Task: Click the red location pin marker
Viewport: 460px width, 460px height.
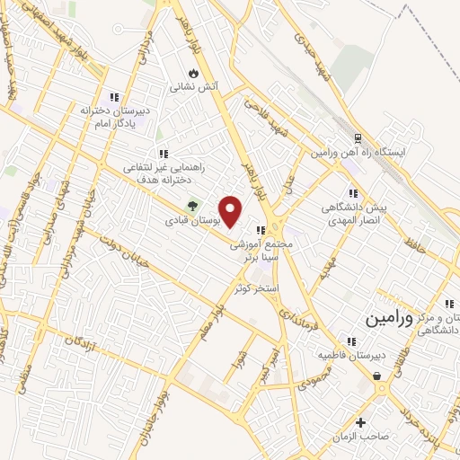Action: (x=232, y=212)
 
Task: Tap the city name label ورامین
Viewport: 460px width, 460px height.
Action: (x=391, y=318)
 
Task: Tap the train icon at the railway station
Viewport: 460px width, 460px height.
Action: (x=358, y=139)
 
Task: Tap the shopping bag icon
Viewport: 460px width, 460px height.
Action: (x=376, y=376)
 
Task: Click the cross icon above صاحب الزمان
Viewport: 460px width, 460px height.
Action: (x=361, y=422)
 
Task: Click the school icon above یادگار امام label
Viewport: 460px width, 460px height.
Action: (x=113, y=97)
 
